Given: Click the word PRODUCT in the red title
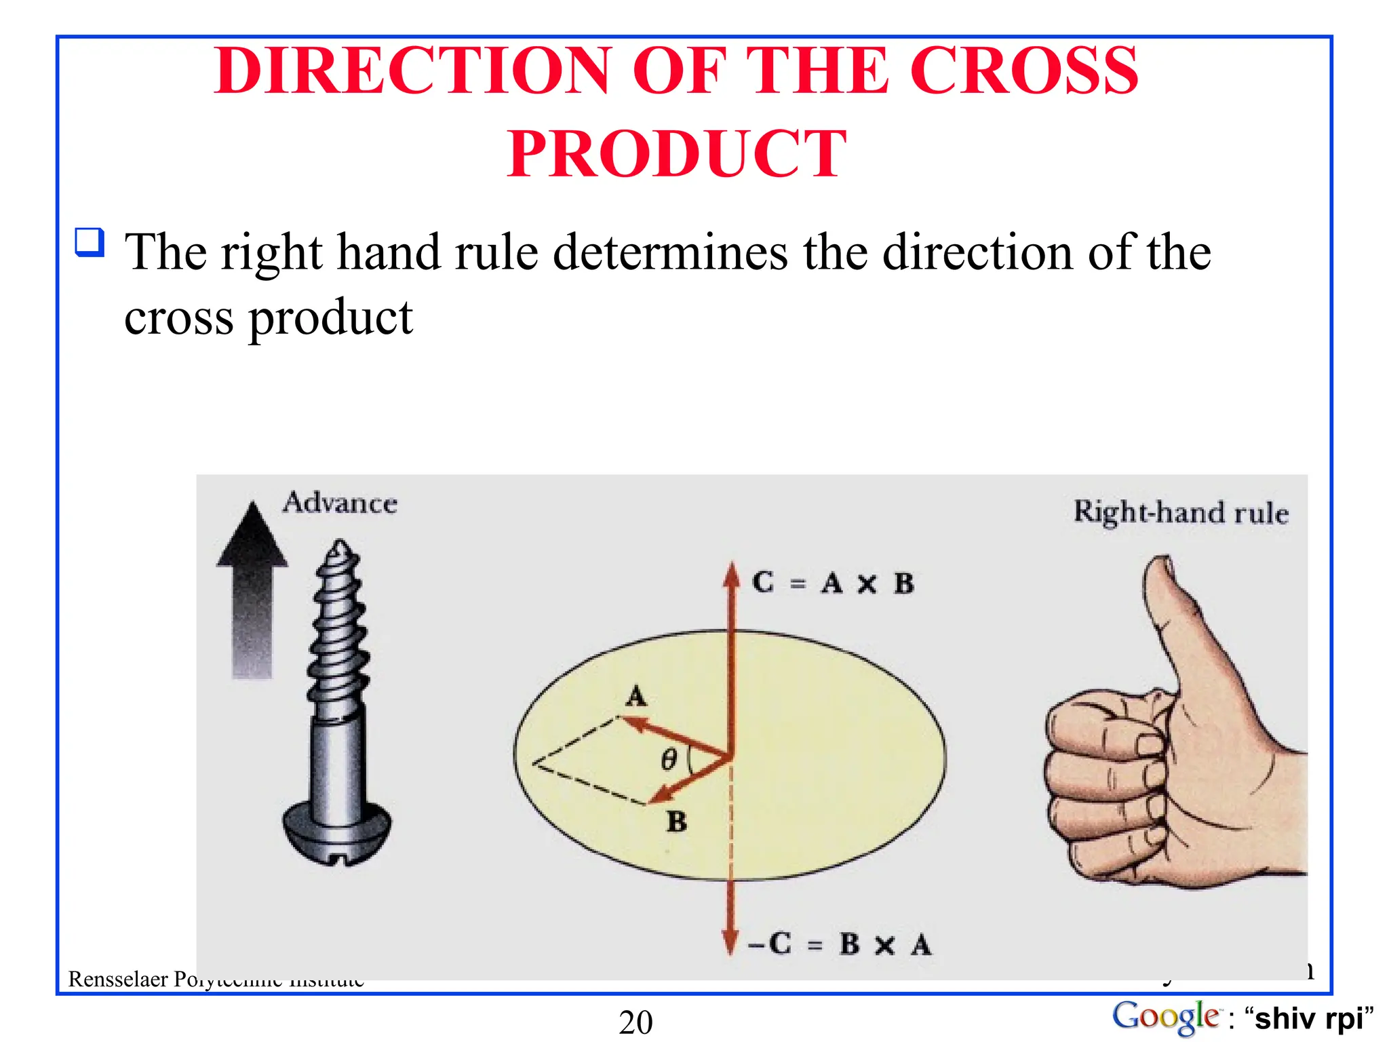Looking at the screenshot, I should [677, 155].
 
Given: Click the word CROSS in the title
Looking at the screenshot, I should [1023, 72].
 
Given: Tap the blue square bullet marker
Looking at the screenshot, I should [90, 242].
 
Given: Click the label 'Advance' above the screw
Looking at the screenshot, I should [340, 503].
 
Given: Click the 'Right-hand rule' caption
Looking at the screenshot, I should [1181, 512].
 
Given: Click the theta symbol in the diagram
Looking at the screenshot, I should [669, 759].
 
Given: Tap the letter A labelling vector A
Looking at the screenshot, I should [635, 697].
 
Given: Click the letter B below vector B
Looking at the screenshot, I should [676, 822].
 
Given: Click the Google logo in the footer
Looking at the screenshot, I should [1165, 1018].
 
